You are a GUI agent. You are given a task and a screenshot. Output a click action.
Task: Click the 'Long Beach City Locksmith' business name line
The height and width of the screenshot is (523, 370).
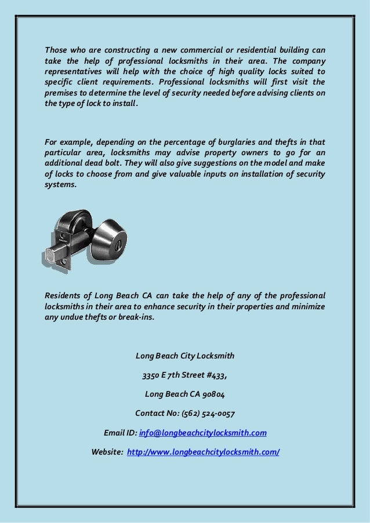[184, 355]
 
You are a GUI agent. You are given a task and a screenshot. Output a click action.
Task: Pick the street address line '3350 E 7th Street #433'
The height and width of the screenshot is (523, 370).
[184, 375]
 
